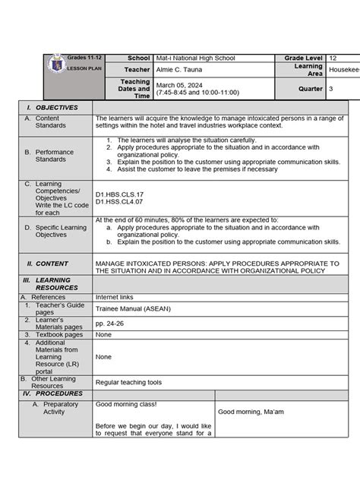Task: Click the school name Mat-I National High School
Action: (195, 58)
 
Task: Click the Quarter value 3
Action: (331, 89)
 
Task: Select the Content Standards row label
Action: (51, 122)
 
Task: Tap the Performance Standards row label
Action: (55, 156)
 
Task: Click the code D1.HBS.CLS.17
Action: (119, 194)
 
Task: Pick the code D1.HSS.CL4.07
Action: (119, 201)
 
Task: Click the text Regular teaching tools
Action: (128, 382)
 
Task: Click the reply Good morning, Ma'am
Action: (251, 412)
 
